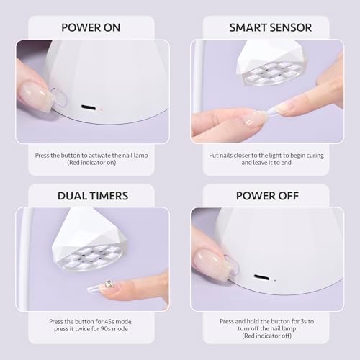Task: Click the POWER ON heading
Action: coord(90,27)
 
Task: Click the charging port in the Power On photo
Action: coord(86,108)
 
